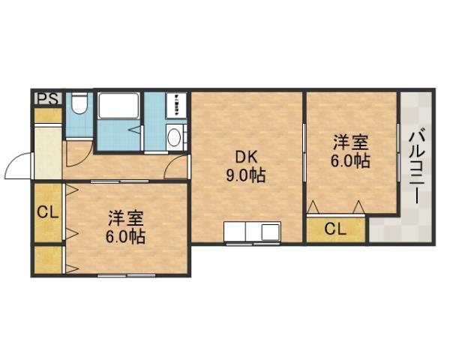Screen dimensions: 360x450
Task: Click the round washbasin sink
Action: [174, 137]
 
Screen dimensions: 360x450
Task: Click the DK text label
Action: [247, 157]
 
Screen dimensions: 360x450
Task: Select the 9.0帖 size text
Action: [247, 177]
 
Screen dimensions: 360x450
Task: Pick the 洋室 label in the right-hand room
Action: [350, 142]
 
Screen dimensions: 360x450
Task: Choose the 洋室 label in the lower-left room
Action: [124, 218]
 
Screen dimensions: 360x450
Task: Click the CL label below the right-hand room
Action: [335, 229]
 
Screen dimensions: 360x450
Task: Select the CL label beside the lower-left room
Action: [47, 212]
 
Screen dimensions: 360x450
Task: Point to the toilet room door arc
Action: [75, 154]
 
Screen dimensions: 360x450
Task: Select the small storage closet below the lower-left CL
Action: [47, 260]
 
